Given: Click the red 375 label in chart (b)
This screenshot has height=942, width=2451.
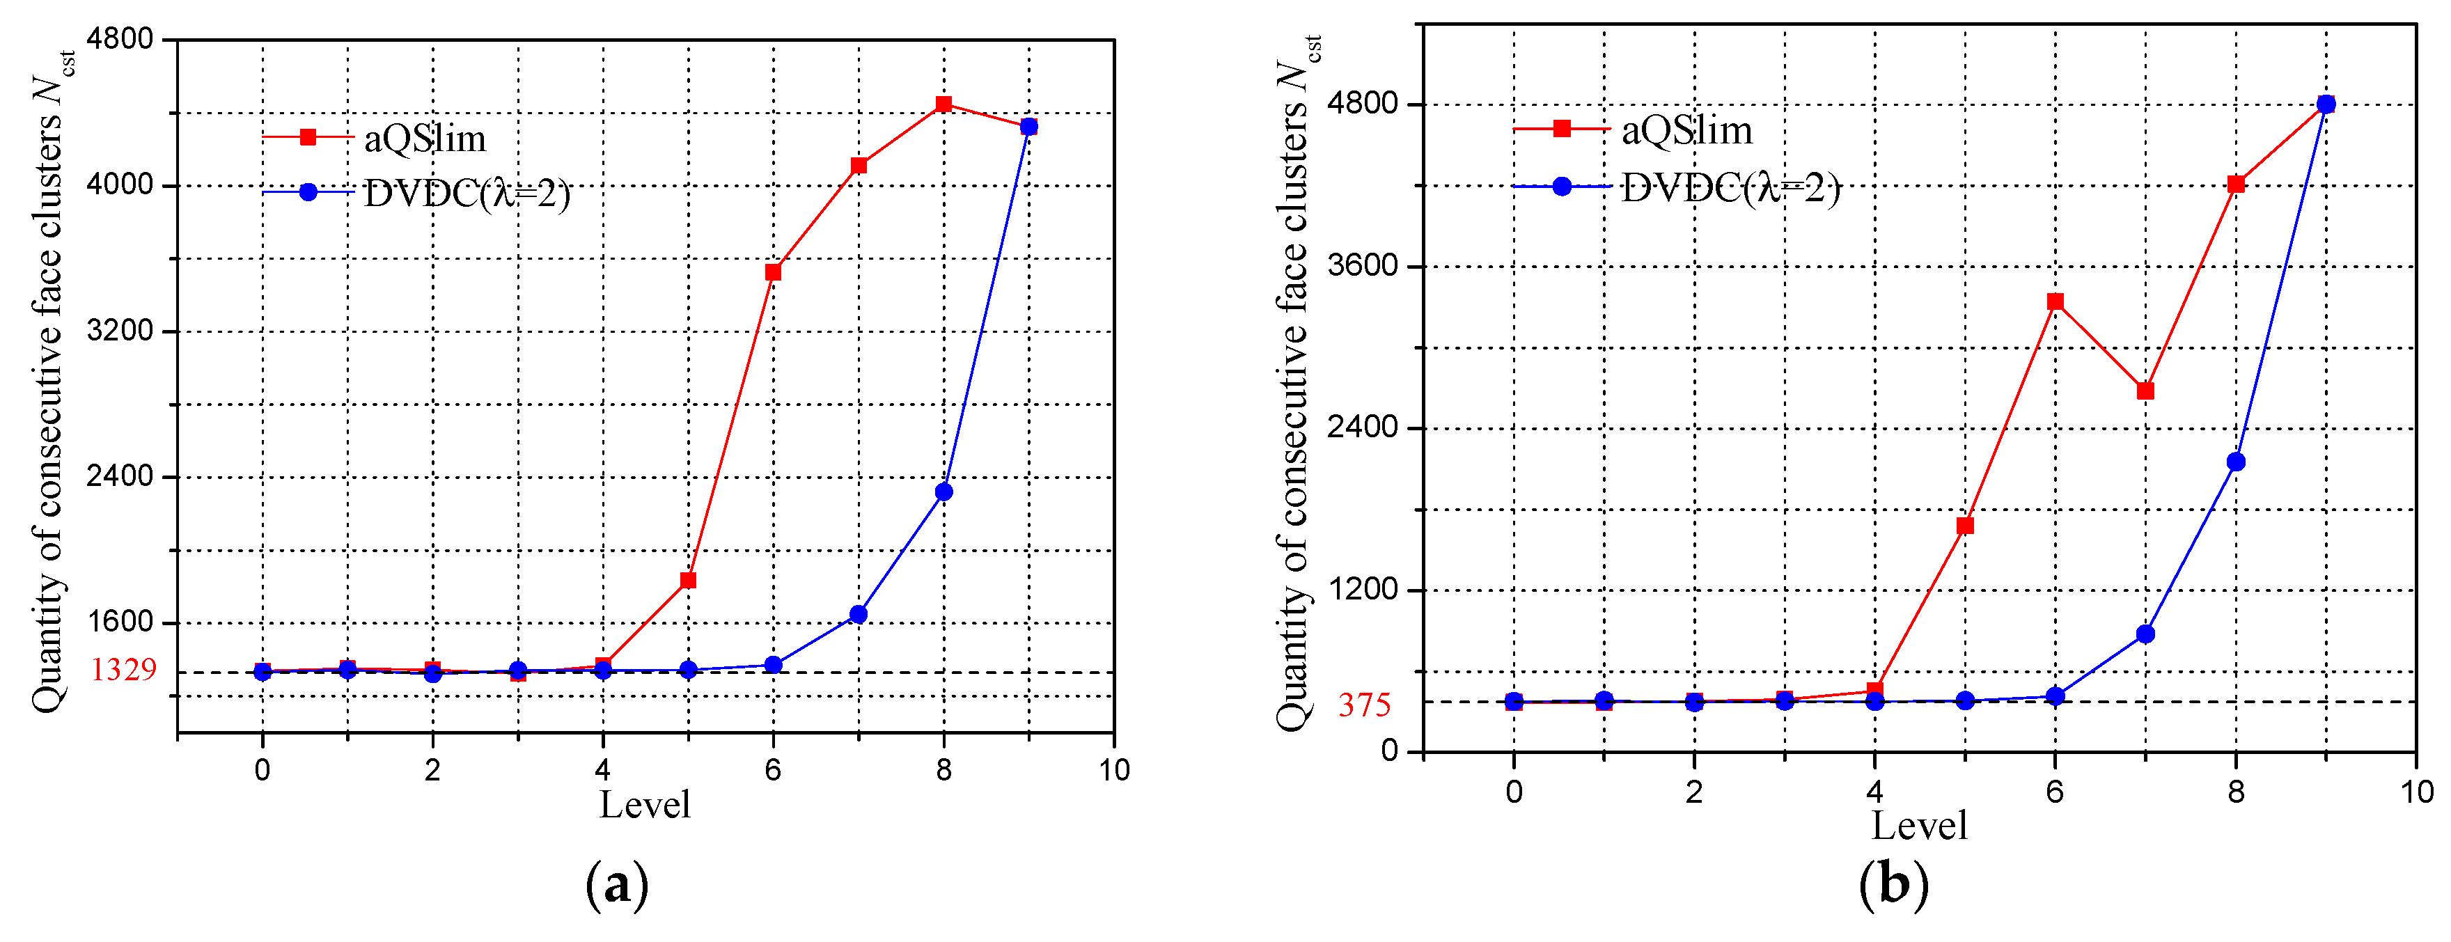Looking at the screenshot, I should click(x=1365, y=705).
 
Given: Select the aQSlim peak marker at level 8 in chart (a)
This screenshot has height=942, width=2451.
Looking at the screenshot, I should click(x=943, y=104).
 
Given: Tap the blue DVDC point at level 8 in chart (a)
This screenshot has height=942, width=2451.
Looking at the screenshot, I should click(x=943, y=492).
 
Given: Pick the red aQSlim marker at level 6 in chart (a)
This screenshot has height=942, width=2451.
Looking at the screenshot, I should click(x=773, y=272).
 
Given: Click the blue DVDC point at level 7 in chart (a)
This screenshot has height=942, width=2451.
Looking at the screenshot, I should click(x=859, y=615).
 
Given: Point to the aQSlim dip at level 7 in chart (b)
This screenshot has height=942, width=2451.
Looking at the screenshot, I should click(x=2145, y=391).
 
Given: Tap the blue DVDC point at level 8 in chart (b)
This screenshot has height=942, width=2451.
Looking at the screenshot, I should click(x=2236, y=462).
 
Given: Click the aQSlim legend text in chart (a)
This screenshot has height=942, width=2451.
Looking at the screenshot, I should click(x=424, y=139).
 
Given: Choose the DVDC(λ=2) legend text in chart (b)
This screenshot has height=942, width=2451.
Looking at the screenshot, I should click(x=1730, y=187).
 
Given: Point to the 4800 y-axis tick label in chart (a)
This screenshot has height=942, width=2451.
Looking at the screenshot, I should click(x=119, y=39).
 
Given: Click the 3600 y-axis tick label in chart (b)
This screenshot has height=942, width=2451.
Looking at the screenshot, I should click(x=1363, y=265).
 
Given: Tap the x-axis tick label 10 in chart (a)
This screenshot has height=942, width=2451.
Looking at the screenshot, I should click(x=1113, y=770).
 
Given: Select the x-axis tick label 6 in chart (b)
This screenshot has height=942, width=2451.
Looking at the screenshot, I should click(x=2054, y=792).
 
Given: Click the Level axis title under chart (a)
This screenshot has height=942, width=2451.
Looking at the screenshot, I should click(x=644, y=805).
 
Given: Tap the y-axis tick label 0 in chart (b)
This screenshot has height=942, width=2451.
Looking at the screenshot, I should click(x=1389, y=751).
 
